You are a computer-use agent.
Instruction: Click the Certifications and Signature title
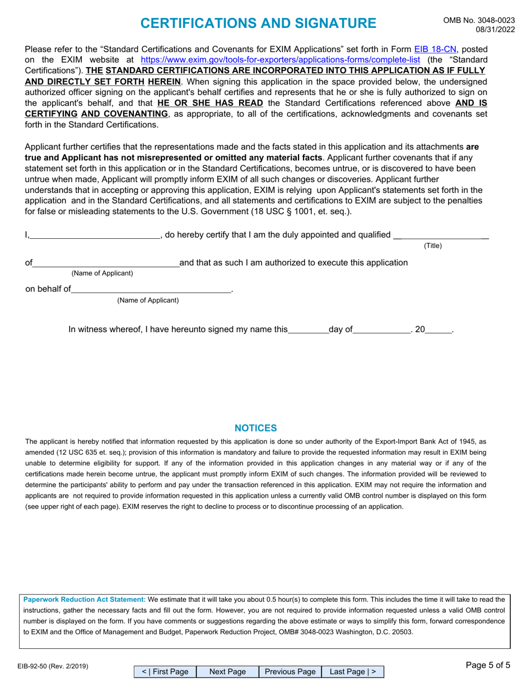click(x=258, y=23)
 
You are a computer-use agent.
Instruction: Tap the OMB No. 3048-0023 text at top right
click(x=479, y=20)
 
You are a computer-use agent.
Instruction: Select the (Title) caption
click(x=432, y=246)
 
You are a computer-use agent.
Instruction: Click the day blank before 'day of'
click(x=308, y=329)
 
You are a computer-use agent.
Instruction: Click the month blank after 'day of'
click(x=382, y=329)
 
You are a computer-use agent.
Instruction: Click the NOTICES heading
click(x=255, y=428)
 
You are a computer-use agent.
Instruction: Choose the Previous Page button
click(x=290, y=672)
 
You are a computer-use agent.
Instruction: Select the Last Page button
click(x=353, y=672)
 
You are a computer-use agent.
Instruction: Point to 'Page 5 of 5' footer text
click(x=488, y=665)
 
